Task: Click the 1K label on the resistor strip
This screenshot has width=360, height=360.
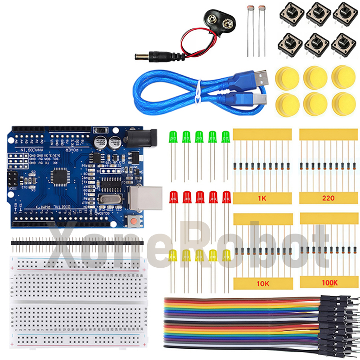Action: click(x=262, y=198)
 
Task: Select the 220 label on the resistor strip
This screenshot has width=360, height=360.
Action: click(x=328, y=198)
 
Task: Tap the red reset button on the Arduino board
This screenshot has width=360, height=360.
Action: click(x=134, y=221)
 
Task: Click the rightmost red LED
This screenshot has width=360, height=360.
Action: click(x=226, y=197)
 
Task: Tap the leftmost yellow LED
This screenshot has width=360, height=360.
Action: click(x=173, y=256)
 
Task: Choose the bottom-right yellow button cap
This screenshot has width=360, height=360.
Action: click(x=343, y=103)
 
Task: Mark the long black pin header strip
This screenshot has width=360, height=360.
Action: click(x=76, y=243)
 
